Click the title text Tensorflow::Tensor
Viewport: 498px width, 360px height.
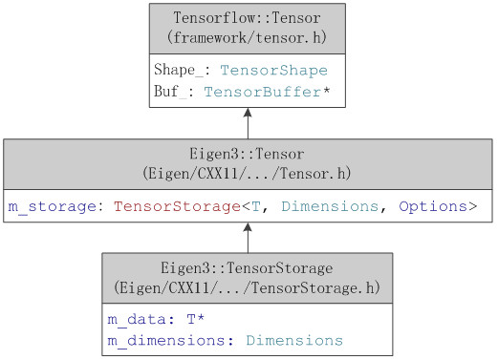248,19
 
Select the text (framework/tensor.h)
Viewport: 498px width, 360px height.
248,38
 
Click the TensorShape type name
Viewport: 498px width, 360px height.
273,71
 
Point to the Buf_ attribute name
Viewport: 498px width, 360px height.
173,91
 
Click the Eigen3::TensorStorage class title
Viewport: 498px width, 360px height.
248,268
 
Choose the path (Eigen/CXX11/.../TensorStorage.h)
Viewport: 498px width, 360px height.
248,286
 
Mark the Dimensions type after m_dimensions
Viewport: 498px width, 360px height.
293,340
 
